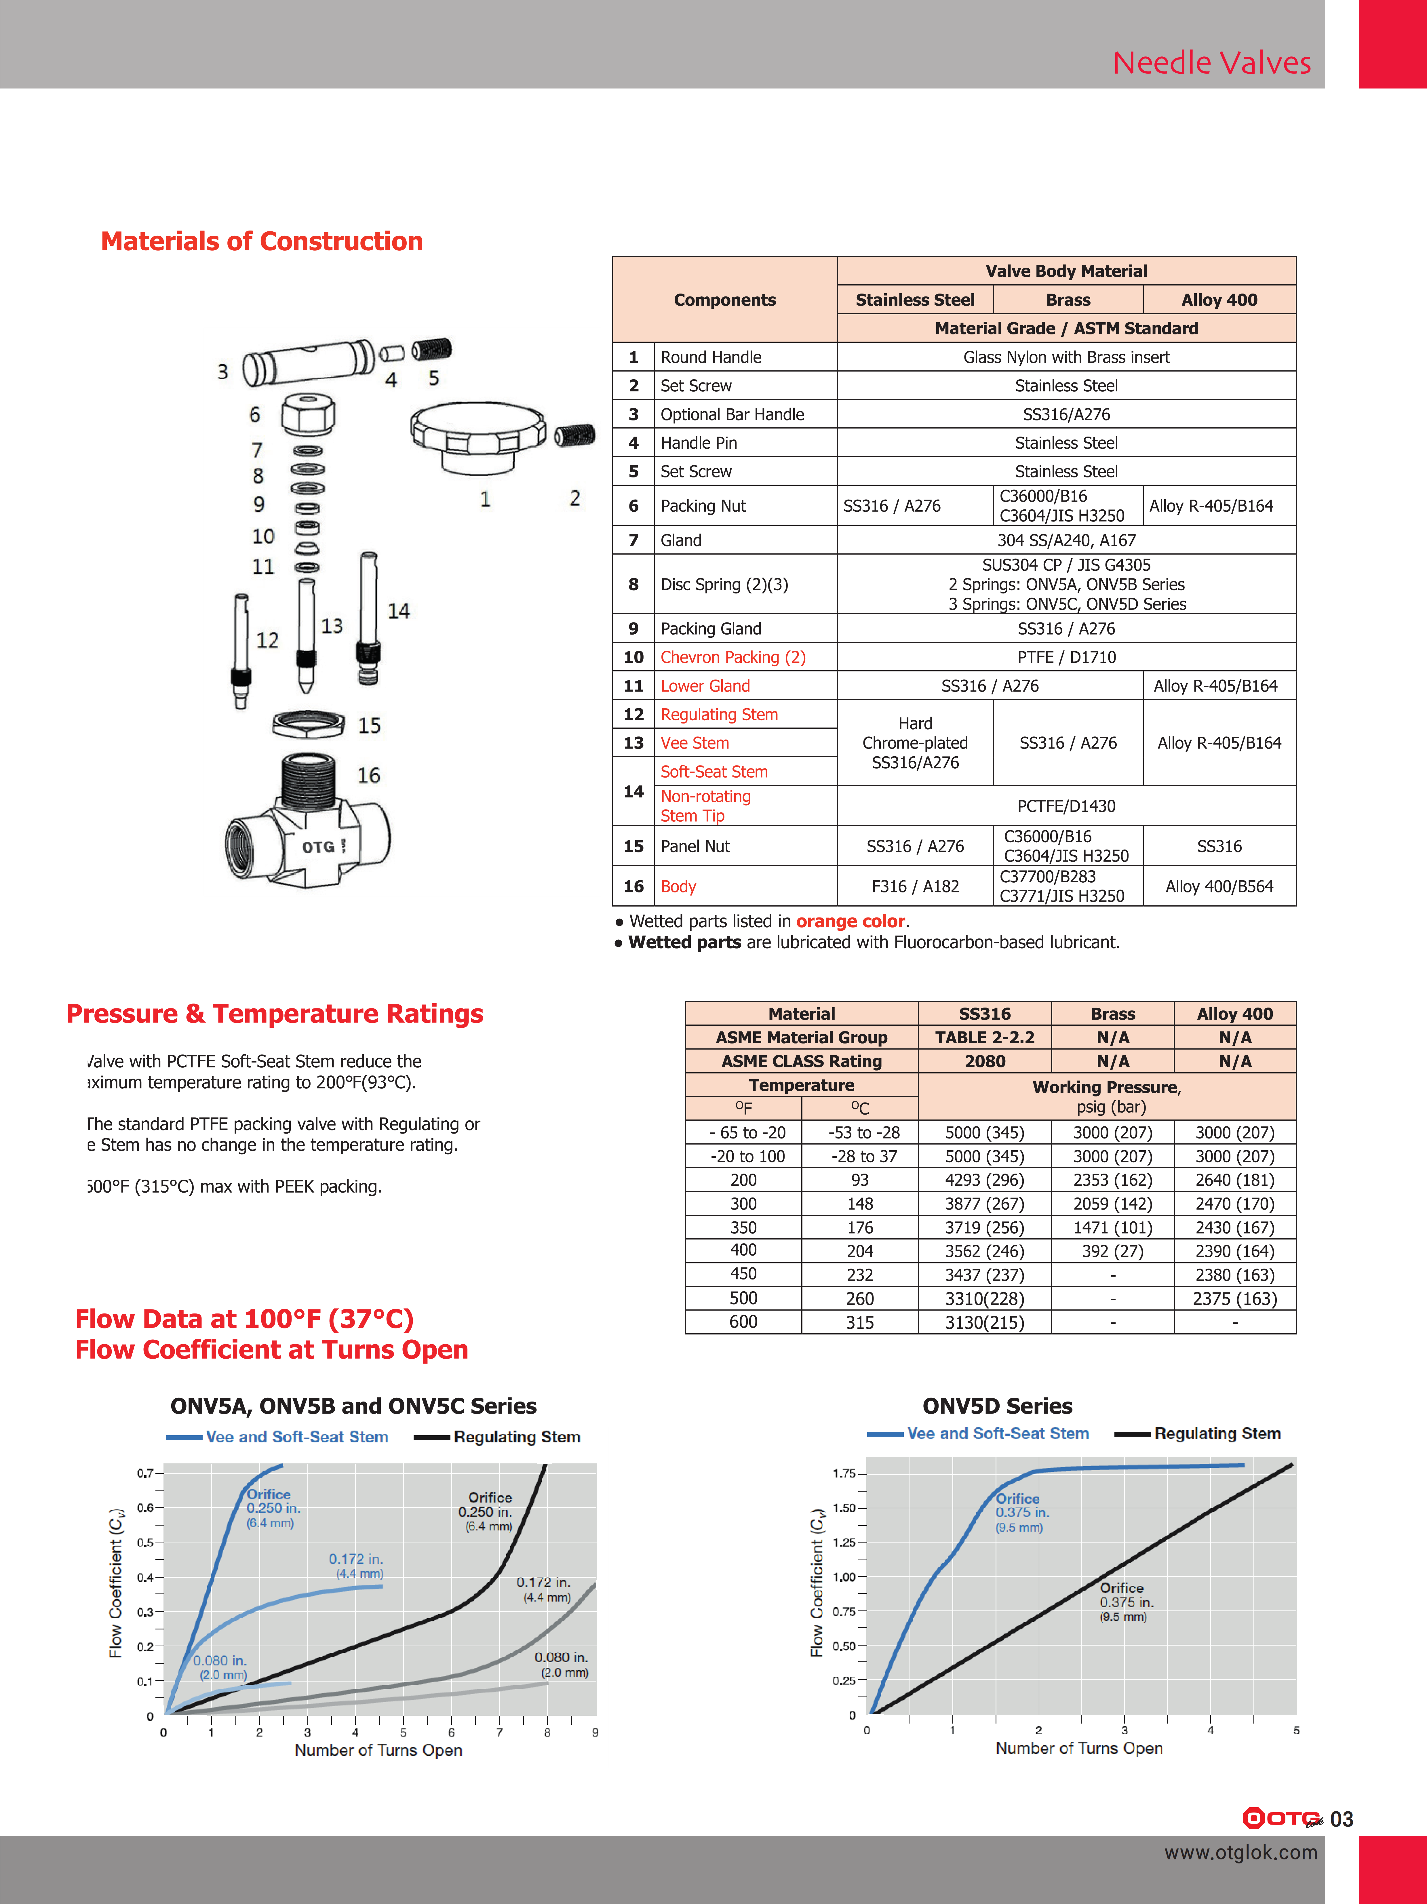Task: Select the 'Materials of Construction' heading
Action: (262, 241)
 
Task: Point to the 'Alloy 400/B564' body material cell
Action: (1219, 887)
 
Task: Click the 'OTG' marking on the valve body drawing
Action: (318, 847)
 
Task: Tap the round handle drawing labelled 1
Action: (478, 435)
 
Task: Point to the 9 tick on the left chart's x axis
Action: (595, 1733)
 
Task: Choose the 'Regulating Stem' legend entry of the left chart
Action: (516, 1437)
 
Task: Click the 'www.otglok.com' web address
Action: (1240, 1852)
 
